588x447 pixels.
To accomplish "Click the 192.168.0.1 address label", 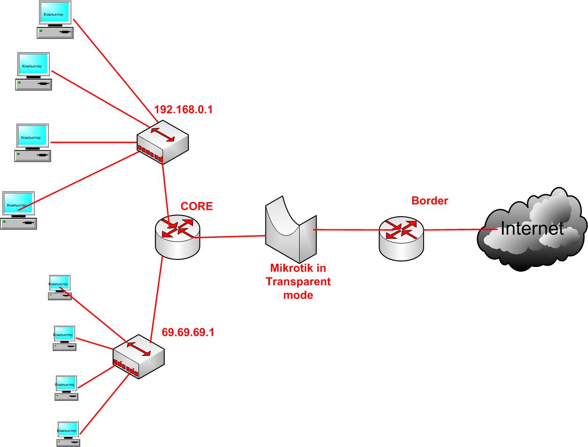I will click(x=183, y=110).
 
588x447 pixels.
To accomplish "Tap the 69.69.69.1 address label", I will click(x=188, y=332).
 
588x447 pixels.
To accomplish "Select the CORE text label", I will click(x=197, y=206).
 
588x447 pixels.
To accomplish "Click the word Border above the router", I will click(x=430, y=201).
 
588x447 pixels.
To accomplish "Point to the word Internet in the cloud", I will click(x=532, y=229).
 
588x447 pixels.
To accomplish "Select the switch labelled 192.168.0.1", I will click(x=162, y=142).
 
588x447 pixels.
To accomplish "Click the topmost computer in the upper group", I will click(x=55, y=20).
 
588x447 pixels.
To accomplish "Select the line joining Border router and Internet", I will click(x=451, y=230).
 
